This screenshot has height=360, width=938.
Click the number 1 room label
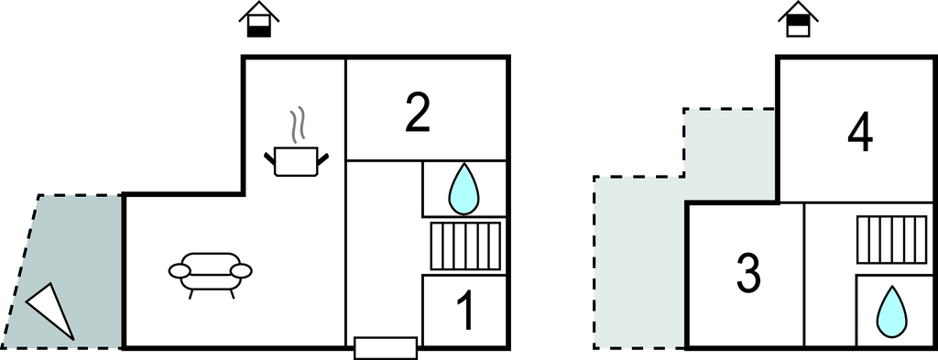pyautogui.click(x=466, y=311)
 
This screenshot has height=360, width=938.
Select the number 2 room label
pyautogui.click(x=417, y=112)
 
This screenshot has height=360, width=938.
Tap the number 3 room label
pyautogui.click(x=747, y=273)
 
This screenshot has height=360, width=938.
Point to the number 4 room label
pyautogui.click(x=859, y=135)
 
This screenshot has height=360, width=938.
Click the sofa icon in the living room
pyautogui.click(x=211, y=272)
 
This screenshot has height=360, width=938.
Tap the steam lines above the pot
pyautogui.click(x=297, y=125)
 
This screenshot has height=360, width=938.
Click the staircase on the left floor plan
pyautogui.click(x=465, y=245)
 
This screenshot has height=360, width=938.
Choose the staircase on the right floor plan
pyautogui.click(x=890, y=238)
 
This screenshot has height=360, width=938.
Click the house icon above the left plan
pyautogui.click(x=260, y=20)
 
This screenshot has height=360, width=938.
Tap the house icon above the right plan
pyautogui.click(x=799, y=20)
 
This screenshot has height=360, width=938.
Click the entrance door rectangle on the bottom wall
pyautogui.click(x=385, y=347)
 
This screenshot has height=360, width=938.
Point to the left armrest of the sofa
pyautogui.click(x=180, y=270)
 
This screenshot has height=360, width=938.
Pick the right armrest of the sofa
pyautogui.click(x=242, y=270)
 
